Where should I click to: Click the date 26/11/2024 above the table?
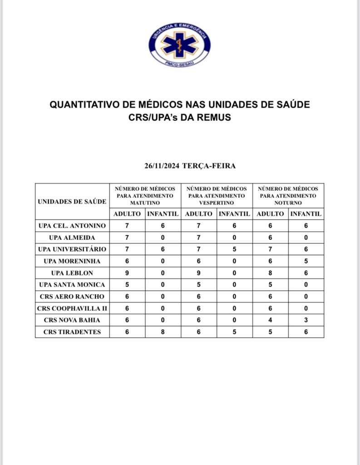coord(162,166)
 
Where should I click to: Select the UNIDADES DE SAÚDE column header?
coord(72,202)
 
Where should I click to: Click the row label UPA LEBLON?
coord(72,273)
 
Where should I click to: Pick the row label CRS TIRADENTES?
coord(72,332)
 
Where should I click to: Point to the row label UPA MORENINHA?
coord(72,261)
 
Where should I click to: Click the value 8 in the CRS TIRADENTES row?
coord(163,332)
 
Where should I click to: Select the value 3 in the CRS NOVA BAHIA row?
coord(306,320)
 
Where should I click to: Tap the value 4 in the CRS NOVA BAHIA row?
coord(271,320)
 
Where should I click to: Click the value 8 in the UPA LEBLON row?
coord(271,273)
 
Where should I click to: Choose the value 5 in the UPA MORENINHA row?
coord(306,261)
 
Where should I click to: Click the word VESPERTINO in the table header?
coord(217,203)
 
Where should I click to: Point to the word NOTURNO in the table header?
coord(288,203)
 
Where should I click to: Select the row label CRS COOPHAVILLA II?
coord(72,308)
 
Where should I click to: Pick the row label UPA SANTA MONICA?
coord(72,285)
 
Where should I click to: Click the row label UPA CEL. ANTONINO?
coord(72,226)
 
